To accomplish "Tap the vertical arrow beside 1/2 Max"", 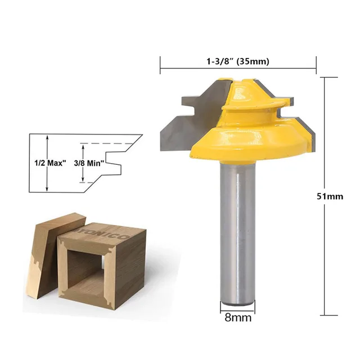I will click(x=47, y=163).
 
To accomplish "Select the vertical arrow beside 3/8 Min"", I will click(x=83, y=163).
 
